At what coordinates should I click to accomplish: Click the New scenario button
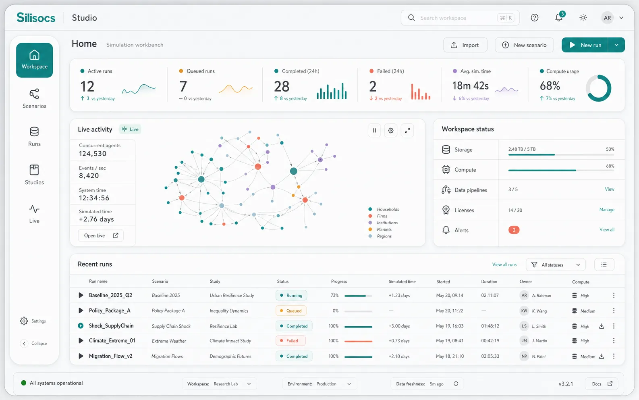click(524, 45)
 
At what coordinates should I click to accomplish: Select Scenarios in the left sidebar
click(34, 98)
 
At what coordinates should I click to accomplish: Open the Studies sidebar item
click(34, 175)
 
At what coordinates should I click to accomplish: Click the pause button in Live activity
click(374, 131)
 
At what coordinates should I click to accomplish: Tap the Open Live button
click(101, 235)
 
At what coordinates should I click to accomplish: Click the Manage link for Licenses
click(607, 210)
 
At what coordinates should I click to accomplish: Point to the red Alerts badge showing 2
click(514, 230)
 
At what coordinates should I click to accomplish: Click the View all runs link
click(504, 265)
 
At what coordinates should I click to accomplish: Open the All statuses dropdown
click(556, 265)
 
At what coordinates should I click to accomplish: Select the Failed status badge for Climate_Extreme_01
click(290, 341)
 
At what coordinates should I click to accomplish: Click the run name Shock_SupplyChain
click(111, 326)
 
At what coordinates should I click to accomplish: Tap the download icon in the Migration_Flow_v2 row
click(602, 356)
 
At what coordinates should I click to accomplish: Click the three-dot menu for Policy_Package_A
click(614, 310)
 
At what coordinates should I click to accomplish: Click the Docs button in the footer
click(602, 384)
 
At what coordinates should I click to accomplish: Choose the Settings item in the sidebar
click(33, 321)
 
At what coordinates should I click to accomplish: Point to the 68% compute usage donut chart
click(598, 88)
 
